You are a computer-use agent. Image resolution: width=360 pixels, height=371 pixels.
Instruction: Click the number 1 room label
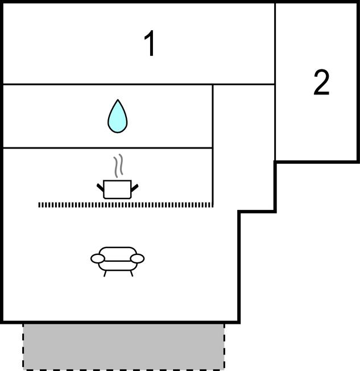pos(150,44)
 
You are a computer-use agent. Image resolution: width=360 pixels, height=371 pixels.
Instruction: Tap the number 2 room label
pos(321,83)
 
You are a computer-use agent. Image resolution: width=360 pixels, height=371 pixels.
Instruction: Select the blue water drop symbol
pos(118,117)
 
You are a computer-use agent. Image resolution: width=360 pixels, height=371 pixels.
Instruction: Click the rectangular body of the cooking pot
pos(118,189)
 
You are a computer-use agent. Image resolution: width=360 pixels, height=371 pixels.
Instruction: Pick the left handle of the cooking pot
pos(101,186)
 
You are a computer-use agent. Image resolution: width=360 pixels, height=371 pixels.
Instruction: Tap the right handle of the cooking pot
pos(135,186)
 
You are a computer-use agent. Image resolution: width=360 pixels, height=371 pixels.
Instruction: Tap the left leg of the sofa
pos(105,273)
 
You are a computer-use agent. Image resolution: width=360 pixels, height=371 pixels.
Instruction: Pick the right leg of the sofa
pos(131,273)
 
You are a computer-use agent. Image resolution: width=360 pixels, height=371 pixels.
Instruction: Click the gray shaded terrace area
pos(123,346)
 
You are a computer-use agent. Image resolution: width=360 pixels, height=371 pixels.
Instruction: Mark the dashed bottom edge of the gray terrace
pos(123,369)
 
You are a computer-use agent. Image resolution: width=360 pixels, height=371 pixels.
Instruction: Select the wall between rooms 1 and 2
pos(275,46)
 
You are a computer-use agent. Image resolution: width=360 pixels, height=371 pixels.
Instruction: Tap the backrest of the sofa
pos(118,251)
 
